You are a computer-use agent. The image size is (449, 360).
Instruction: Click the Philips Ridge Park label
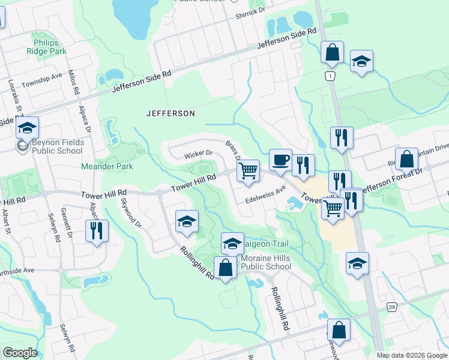pos(50,47)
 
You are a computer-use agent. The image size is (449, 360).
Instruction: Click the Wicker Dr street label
pos(199,154)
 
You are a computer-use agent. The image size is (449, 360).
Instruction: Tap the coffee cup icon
pos(280,160)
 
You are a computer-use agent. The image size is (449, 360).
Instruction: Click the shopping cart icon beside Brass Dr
pos(248,171)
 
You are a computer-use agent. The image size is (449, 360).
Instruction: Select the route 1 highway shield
pos(330,76)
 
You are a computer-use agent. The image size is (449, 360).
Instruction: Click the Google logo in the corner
pos(19,353)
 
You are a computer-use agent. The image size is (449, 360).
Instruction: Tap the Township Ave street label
pos(42,80)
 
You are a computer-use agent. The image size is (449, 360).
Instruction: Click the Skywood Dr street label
pos(131,213)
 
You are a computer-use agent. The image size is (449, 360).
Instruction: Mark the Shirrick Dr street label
pos(250,13)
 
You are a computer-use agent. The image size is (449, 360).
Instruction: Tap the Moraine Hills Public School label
pos(266,263)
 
